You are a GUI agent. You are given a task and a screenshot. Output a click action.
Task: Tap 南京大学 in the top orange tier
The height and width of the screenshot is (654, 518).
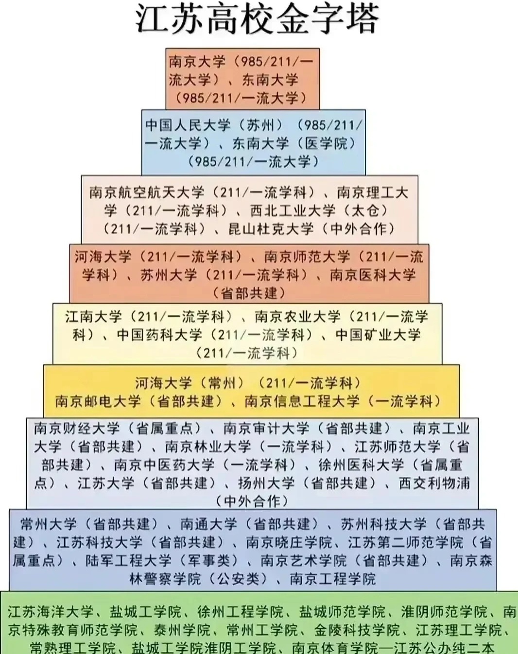tap(197, 62)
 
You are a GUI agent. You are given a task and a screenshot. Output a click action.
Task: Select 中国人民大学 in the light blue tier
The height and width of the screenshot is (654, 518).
tap(188, 125)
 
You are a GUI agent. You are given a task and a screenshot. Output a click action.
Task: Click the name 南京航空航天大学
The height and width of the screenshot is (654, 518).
tap(147, 193)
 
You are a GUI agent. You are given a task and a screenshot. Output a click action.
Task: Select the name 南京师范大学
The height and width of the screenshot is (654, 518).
tap(307, 257)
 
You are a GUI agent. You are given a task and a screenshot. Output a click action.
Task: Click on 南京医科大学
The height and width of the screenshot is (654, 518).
tap(373, 275)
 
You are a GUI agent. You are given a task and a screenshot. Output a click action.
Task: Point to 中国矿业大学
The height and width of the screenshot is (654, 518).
tap(378, 335)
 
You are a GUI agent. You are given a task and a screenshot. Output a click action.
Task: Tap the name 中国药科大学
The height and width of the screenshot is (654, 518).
tap(159, 335)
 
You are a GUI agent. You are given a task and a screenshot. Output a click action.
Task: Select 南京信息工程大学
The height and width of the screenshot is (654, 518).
tap(302, 401)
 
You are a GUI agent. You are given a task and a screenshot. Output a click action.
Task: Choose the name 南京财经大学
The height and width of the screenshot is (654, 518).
tap(77, 429)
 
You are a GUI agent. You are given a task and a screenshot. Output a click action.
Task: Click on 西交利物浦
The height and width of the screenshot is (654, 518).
tap(434, 483)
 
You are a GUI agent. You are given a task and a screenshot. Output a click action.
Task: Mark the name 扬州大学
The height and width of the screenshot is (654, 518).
tap(266, 483)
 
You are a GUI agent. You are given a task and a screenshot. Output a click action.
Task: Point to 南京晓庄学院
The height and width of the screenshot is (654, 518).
tap(289, 542)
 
